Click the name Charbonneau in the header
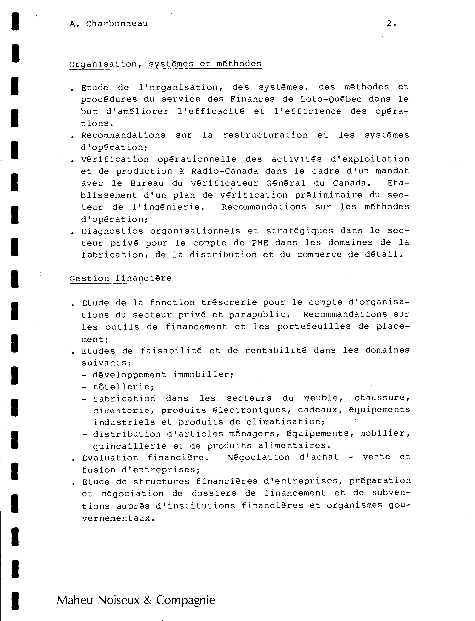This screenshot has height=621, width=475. (x=117, y=24)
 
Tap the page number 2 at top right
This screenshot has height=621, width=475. (x=390, y=24)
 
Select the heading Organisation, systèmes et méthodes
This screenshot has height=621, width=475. (x=165, y=64)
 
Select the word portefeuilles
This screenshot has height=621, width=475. (x=314, y=327)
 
